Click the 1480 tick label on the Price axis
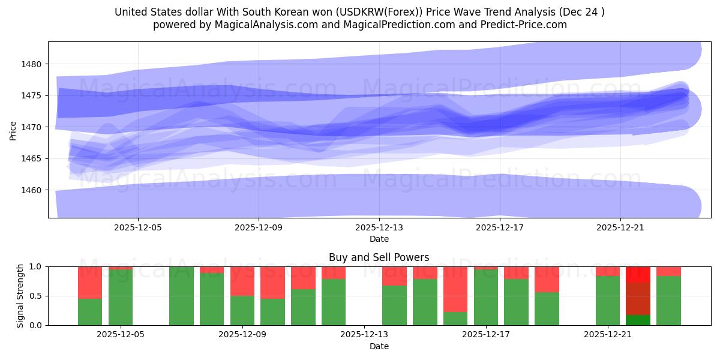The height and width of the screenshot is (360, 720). pos(33,64)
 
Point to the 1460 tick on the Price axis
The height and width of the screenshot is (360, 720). pos(33,190)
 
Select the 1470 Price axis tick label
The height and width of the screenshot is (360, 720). pos(33,127)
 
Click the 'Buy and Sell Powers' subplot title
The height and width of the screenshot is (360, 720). pos(379,257)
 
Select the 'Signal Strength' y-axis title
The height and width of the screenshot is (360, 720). pos(20,296)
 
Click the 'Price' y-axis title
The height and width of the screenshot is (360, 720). pos(13,130)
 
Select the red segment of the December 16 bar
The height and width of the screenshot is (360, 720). pos(455,289)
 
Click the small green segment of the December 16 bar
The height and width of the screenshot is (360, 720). pos(455,319)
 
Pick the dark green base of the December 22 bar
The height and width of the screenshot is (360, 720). pos(638,320)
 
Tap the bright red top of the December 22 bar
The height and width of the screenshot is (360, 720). pos(638,274)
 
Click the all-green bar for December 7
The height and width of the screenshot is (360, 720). pos(181,296)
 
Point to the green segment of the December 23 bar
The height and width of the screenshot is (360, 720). pos(668,301)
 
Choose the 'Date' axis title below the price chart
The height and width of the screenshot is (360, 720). pos(379,239)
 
